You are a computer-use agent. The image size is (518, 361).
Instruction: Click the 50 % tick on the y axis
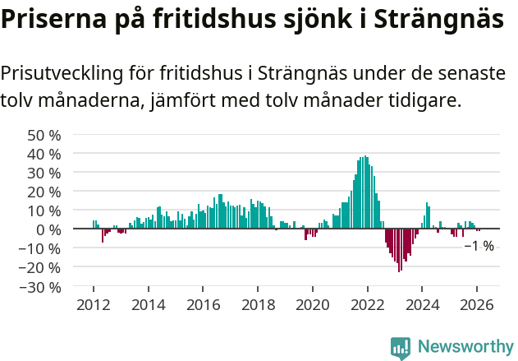44,135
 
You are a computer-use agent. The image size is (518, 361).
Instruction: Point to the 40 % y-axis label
44,154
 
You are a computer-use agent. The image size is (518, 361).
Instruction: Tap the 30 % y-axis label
44,173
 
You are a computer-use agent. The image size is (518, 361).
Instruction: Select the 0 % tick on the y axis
48,229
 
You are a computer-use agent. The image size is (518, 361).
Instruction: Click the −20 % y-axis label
40,267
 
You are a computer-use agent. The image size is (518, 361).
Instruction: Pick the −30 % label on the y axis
40,287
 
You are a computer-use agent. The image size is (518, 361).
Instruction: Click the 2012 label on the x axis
94,304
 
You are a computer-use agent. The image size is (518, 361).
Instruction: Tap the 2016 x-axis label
203,304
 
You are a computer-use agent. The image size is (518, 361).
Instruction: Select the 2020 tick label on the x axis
312,304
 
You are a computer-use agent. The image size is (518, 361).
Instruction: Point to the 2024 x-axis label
422,304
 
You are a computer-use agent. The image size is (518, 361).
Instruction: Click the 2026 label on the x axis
477,304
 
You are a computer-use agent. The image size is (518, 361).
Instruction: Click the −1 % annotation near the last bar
479,246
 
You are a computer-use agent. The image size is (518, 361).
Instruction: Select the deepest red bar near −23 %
400,250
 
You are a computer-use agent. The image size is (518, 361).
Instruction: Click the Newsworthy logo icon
401,348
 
